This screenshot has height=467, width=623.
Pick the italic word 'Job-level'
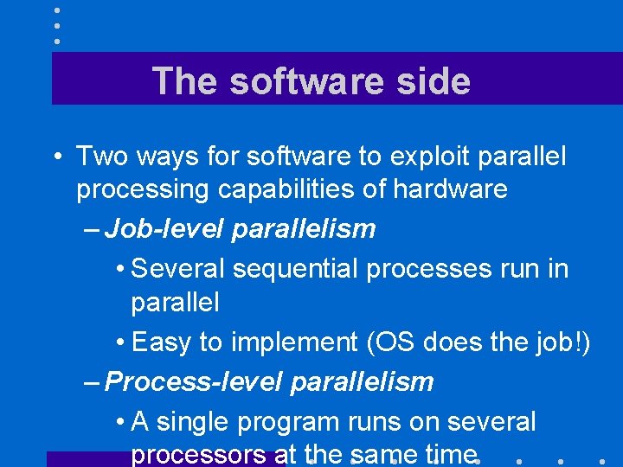pos(164,229)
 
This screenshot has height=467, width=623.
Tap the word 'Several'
pos(178,269)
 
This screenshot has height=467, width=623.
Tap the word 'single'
pos(191,422)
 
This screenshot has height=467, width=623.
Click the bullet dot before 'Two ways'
pos(55,157)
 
